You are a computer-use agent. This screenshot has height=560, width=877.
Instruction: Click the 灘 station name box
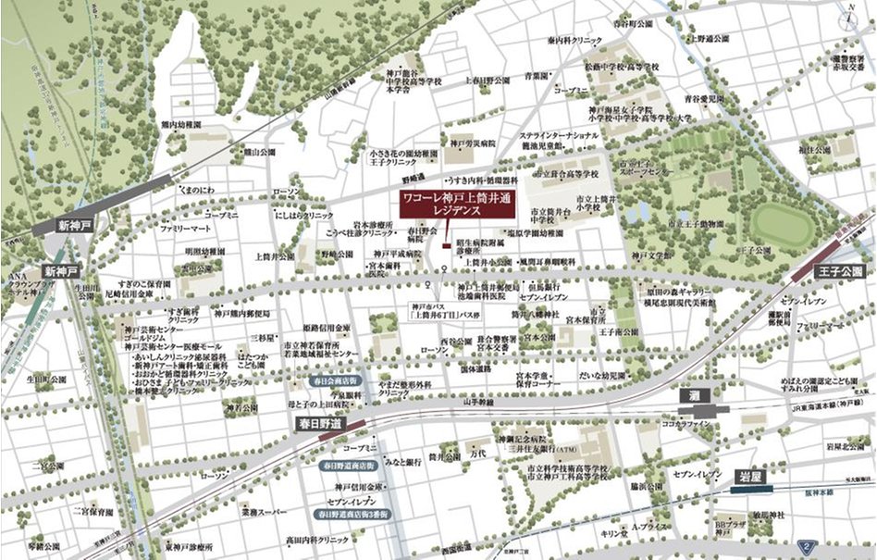click(x=693, y=394)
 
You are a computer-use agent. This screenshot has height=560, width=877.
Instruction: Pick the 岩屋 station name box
click(x=749, y=476)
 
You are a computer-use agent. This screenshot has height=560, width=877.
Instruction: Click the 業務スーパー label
click(x=262, y=511)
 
